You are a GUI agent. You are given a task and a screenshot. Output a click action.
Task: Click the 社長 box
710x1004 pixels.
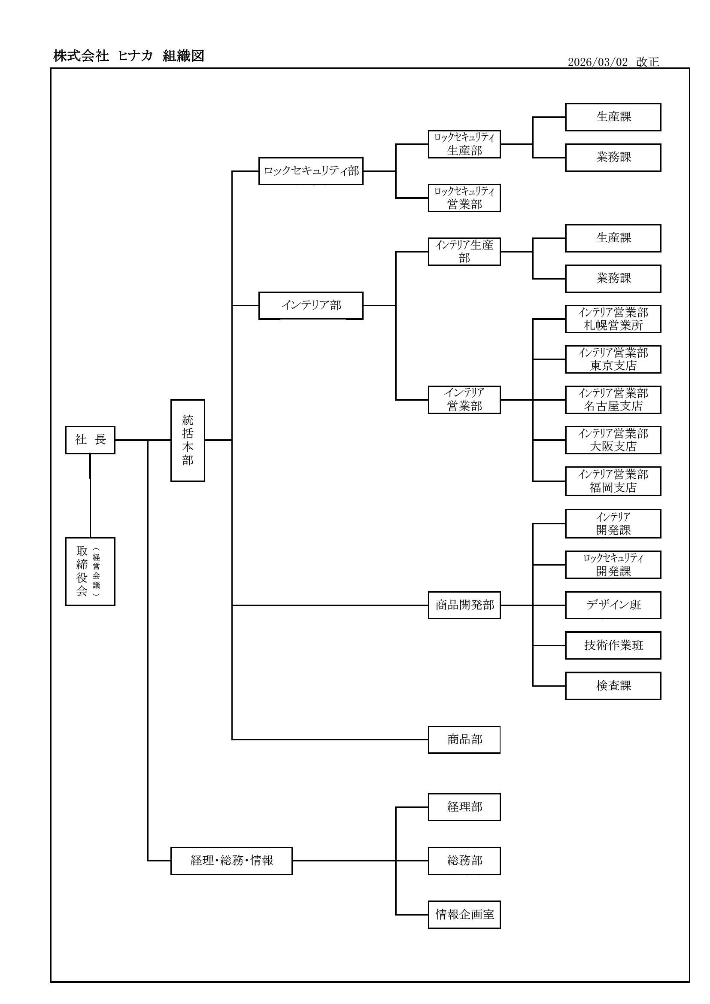90,440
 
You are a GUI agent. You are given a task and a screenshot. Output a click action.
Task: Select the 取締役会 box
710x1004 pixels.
90,571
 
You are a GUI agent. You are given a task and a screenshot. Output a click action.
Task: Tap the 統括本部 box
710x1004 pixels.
188,440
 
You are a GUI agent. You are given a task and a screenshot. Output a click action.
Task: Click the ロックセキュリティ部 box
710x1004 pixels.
311,171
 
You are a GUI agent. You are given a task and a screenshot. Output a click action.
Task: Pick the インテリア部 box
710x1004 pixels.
311,306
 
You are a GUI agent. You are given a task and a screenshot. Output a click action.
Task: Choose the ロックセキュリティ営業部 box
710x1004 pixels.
464,198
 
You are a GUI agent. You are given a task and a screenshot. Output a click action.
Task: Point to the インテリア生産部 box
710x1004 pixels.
464,252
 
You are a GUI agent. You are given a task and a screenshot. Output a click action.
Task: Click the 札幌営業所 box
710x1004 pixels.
613,319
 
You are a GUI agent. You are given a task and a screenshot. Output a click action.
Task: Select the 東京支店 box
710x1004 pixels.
613,359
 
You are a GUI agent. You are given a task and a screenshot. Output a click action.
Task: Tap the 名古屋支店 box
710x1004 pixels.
613,400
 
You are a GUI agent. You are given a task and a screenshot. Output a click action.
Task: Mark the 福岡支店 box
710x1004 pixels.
613,481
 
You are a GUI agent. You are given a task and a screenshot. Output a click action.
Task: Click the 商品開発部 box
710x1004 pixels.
464,605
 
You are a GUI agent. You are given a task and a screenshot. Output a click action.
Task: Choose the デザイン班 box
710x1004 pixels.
613,605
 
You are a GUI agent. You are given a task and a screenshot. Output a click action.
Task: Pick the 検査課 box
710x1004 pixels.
613,686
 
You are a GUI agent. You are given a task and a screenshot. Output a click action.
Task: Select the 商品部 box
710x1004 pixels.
464,740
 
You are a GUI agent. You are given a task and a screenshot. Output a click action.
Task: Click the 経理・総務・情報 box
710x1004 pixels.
231,861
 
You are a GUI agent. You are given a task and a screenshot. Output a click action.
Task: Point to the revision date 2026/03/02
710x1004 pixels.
597,62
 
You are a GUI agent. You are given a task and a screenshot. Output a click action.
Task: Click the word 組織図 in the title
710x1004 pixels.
183,56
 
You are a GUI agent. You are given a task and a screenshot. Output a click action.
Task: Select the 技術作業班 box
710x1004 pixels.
613,645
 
